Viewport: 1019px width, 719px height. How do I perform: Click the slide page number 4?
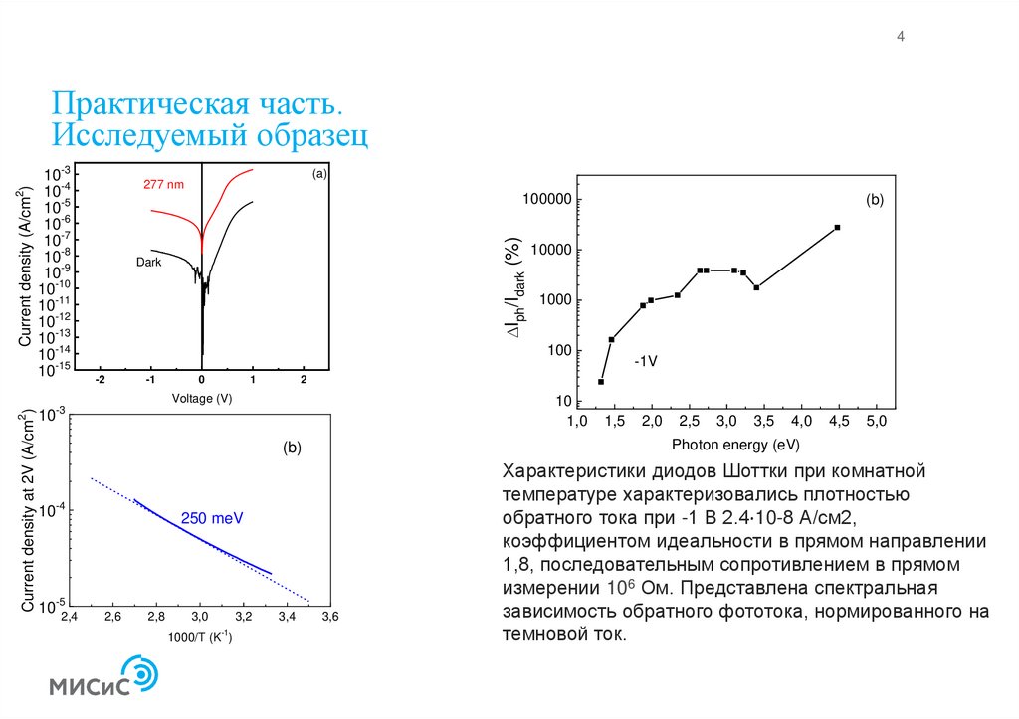click(901, 38)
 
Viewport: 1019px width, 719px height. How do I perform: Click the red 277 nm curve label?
click(163, 185)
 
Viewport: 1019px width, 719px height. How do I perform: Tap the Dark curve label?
click(148, 262)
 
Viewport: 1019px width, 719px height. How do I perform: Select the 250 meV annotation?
click(212, 518)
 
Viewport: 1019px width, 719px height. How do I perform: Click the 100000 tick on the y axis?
click(545, 200)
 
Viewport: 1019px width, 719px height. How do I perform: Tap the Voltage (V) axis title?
click(202, 398)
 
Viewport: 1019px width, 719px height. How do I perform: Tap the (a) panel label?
click(318, 174)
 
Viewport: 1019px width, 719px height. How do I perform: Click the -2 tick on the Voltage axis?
click(100, 381)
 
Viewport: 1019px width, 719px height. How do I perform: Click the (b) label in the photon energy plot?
click(875, 200)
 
